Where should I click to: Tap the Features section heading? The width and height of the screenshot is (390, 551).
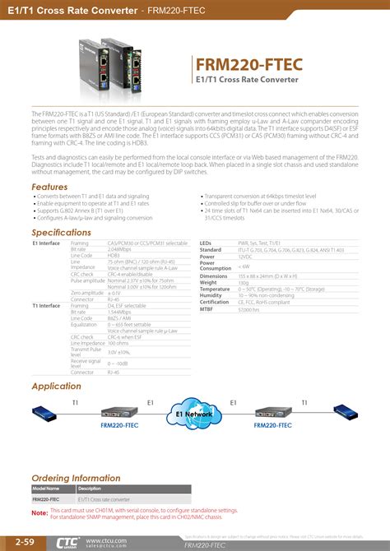(49, 188)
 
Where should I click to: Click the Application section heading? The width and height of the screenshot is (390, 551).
(56, 386)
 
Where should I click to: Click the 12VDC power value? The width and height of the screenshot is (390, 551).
(246, 256)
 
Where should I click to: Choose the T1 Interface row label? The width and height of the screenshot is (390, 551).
(47, 305)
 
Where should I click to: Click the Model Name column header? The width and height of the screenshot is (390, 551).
(46, 488)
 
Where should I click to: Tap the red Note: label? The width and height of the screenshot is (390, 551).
(39, 513)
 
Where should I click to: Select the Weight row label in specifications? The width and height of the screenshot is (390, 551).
(208, 282)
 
